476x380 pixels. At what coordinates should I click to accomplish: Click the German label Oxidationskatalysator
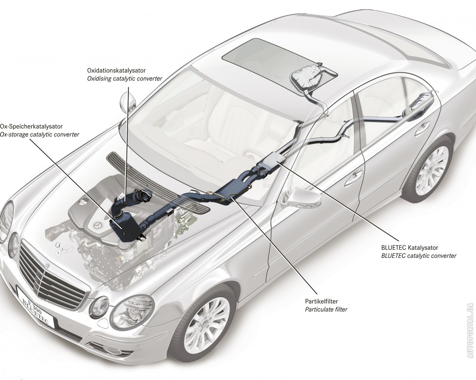116,71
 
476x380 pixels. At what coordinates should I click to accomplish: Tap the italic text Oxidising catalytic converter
125,79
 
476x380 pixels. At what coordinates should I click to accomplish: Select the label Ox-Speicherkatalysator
31,127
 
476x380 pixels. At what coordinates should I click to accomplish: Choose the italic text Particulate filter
326,309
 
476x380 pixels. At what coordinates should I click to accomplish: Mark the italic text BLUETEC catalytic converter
419,256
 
